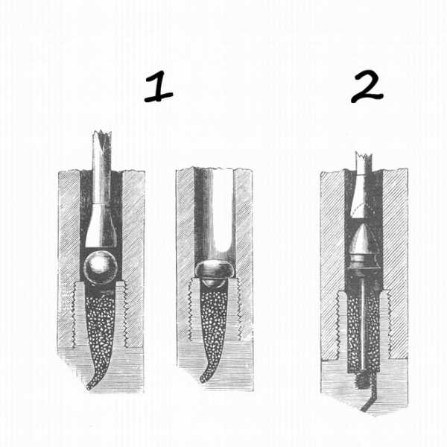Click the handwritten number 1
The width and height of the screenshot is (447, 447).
pos(159,86)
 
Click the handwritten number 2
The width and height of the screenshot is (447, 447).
pos(367,86)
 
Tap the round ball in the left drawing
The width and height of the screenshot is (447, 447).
pos(101,267)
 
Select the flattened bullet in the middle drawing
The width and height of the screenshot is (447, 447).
pos(215,270)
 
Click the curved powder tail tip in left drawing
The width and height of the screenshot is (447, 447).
pos(88,388)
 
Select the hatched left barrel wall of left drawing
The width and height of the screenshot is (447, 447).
pos(69,256)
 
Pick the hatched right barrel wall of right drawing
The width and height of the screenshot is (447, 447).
pos(395,262)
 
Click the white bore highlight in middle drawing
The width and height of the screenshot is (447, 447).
pos(223,211)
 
